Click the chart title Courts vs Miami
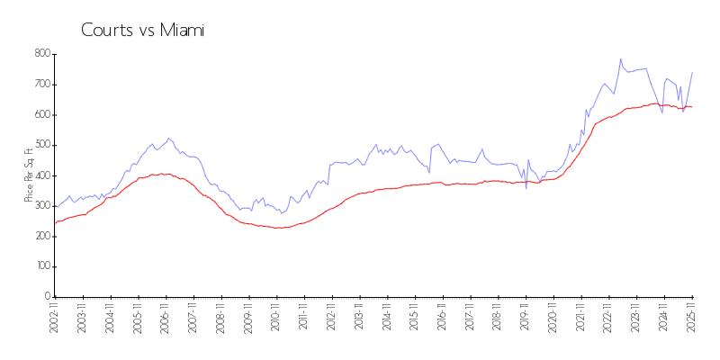tap(142, 30)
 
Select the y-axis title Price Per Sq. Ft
tap(30, 175)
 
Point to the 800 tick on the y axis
tap(40, 54)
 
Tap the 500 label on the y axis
tap(40, 145)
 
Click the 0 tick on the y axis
tap(46, 297)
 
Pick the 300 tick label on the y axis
tap(40, 206)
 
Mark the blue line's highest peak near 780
tap(620, 59)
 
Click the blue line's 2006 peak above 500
tap(168, 139)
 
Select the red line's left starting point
tap(55, 223)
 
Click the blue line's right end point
tap(692, 72)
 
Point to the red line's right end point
tap(692, 107)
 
